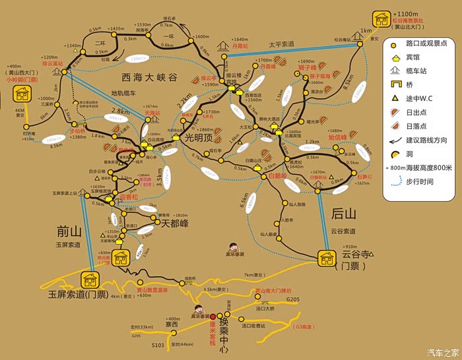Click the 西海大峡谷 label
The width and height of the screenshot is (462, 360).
[x=150, y=77]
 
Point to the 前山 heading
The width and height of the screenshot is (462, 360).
[x=69, y=230]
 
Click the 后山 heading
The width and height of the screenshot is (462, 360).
[x=344, y=213]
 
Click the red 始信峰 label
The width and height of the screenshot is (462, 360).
[x=337, y=138]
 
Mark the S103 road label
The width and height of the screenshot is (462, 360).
[x=157, y=345]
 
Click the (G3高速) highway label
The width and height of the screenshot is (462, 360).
[x=304, y=326]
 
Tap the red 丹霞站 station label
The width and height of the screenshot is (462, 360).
[x=240, y=47]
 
